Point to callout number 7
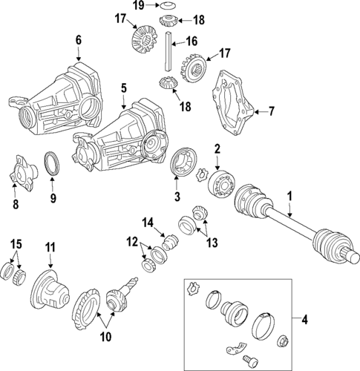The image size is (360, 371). pyautogui.click(x=271, y=112)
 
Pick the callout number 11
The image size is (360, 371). pyautogui.click(x=50, y=246)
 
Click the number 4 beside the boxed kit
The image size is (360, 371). pyautogui.click(x=304, y=320)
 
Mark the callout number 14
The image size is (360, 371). pyautogui.click(x=148, y=221)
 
